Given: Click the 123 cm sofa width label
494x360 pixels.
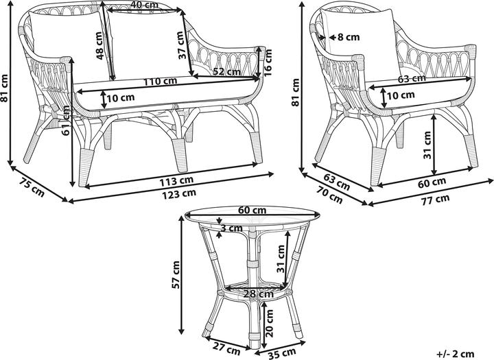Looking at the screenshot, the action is pyautogui.click(x=179, y=193).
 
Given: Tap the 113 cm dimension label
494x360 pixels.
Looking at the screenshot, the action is pyautogui.click(x=176, y=181).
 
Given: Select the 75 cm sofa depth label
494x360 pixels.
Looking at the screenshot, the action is pyautogui.click(x=32, y=187).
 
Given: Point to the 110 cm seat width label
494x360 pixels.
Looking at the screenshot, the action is pyautogui.click(x=161, y=82).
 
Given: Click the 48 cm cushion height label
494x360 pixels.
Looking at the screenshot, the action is pyautogui.click(x=99, y=46).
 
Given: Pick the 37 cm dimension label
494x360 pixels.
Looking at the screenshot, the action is pyautogui.click(x=181, y=45).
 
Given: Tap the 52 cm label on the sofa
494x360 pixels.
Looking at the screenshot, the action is pyautogui.click(x=227, y=71).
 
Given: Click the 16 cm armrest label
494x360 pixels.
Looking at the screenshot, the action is pyautogui.click(x=268, y=62).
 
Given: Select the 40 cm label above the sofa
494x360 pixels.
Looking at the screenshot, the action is pyautogui.click(x=144, y=5).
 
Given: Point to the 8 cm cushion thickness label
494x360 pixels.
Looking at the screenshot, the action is pyautogui.click(x=349, y=37).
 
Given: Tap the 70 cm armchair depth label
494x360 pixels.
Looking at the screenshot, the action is pyautogui.click(x=330, y=195).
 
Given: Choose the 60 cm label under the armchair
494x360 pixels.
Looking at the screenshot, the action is pyautogui.click(x=432, y=182).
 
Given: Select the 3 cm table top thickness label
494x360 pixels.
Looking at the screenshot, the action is pyautogui.click(x=231, y=228).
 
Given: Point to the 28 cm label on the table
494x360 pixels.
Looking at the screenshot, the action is pyautogui.click(x=259, y=294).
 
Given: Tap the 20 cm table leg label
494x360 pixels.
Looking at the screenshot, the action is pyautogui.click(x=269, y=324).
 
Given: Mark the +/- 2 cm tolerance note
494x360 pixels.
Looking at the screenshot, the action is pyautogui.click(x=456, y=354).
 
